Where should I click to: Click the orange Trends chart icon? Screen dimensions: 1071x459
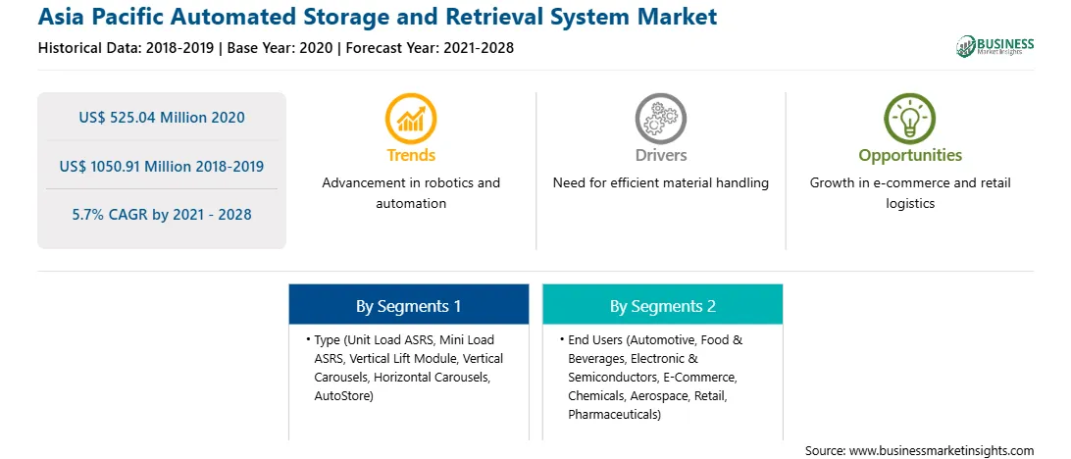(411, 118)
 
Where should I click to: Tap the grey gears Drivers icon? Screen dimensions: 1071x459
(660, 118)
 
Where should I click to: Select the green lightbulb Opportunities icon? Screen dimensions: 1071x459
(910, 118)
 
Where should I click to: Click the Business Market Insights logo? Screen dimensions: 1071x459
(995, 46)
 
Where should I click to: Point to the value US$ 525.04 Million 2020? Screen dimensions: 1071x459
(162, 118)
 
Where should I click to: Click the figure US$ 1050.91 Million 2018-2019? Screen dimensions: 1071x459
(162, 166)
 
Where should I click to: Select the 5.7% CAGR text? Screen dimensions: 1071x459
(162, 215)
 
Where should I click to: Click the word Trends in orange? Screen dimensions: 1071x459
(411, 155)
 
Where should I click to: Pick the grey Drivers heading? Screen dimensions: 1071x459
(660, 155)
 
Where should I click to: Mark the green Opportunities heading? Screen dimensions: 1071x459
(910, 156)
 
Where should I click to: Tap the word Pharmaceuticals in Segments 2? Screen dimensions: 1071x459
(612, 415)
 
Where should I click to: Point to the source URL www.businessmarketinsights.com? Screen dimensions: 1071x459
(940, 450)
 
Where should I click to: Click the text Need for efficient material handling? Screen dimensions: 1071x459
(660, 183)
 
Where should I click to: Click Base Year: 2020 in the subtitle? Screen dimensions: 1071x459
(280, 48)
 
